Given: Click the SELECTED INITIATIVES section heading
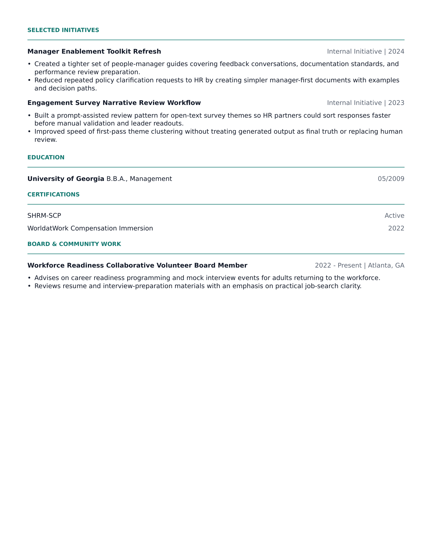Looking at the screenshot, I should click(x=63, y=30).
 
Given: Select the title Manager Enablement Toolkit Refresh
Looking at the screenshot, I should click(x=94, y=51).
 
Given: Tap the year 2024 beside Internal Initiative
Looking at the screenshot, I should click(x=396, y=51).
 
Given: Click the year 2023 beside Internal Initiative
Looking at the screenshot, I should click(x=396, y=103).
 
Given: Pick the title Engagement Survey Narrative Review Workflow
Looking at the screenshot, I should click(x=114, y=103).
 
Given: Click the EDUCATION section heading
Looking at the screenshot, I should click(x=46, y=158).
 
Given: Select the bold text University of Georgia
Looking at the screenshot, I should click(x=66, y=179).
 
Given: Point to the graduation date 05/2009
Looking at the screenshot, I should click(x=391, y=179).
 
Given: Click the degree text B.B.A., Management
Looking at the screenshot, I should click(x=139, y=179).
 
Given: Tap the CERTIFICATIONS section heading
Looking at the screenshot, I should click(x=53, y=195).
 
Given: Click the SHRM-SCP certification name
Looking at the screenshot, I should click(x=44, y=215).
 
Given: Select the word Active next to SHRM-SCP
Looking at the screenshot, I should click(x=394, y=215).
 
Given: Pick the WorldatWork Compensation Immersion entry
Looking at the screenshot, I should click(x=90, y=228).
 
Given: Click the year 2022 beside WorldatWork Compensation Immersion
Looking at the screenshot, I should click(x=396, y=228).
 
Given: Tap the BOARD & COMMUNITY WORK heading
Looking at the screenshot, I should click(x=74, y=244).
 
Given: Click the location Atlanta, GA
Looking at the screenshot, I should click(x=386, y=266).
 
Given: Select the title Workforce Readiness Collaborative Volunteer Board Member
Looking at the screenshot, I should click(x=137, y=266).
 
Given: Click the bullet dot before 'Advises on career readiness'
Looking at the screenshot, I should click(x=29, y=278).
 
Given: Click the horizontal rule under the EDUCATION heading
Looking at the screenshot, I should click(x=216, y=167).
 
